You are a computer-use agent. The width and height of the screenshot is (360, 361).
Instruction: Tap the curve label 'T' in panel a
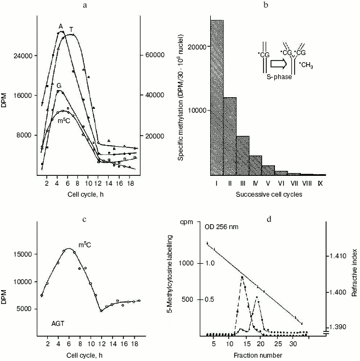pyautogui.click(x=71, y=29)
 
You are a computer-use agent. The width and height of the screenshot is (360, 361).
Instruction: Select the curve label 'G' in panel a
pyautogui.click(x=59, y=86)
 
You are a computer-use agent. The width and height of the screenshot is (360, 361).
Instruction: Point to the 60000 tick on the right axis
pyautogui.click(x=155, y=55)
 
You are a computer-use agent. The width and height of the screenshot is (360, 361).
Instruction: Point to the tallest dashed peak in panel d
pyautogui.click(x=241, y=277)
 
